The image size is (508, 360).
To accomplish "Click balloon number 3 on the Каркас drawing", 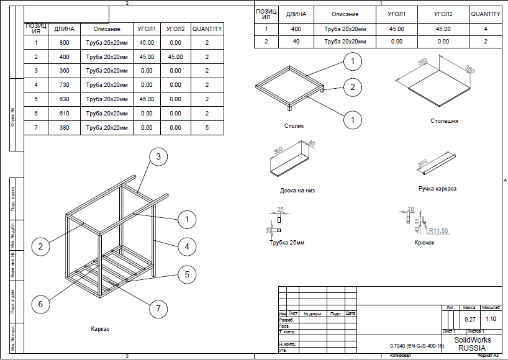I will tap(158, 157).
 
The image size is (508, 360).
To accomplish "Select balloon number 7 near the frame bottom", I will tap(158, 308).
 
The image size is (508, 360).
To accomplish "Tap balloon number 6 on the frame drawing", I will tap(40, 304).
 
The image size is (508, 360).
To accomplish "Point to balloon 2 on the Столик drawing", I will tap(353, 87).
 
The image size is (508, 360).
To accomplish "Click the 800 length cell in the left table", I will tap(65, 43).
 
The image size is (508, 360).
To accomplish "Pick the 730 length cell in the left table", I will tap(65, 85).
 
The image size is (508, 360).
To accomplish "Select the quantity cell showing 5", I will tap(207, 128).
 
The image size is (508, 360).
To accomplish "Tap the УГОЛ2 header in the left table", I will tap(176, 29).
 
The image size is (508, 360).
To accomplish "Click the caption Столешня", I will tap(444, 121).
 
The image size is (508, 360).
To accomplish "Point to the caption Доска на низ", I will tap(297, 191).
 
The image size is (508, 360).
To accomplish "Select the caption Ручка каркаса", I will tap(437, 188).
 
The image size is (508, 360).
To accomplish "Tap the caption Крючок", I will tap(424, 242).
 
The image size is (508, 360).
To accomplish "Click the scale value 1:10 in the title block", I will tap(490, 319).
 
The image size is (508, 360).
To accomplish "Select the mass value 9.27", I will tap(470, 319).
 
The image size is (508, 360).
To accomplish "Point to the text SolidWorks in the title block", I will tap(473, 340).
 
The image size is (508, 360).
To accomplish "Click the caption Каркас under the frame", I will tap(99, 328).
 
